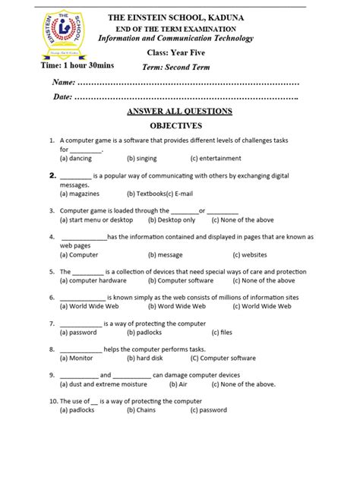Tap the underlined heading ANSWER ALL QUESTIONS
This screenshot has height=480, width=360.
point(179,111)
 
